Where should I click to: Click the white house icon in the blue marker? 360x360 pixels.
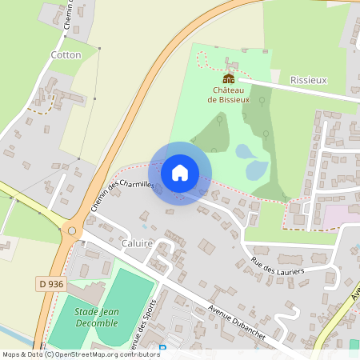pyautogui.click(x=180, y=173)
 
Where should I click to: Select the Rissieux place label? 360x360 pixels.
pyautogui.click(x=308, y=80)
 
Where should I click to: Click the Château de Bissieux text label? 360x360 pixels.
pyautogui.click(x=229, y=94)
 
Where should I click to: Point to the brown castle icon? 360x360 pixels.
pyautogui.click(x=229, y=78)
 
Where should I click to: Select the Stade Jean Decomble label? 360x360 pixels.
pyautogui.click(x=96, y=317)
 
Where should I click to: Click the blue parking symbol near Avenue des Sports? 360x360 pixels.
pyautogui.click(x=163, y=348)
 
